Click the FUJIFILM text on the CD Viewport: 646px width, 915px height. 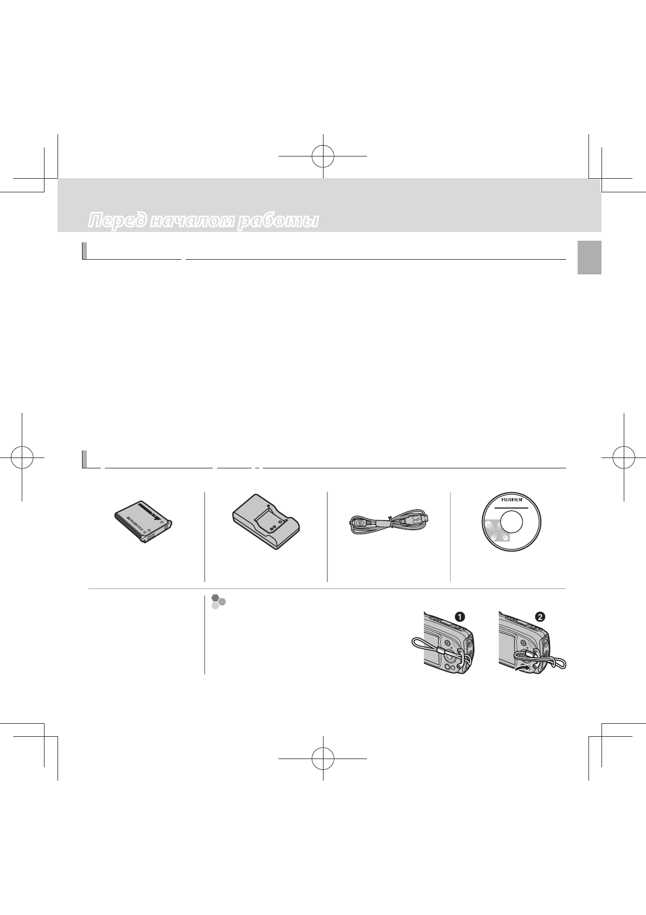(511, 499)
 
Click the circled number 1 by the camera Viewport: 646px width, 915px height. (459, 616)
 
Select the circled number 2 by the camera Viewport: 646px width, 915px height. (540, 617)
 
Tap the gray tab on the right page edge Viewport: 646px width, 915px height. (589, 259)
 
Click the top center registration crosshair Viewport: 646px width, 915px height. (323, 155)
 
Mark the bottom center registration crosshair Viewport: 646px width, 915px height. (323, 759)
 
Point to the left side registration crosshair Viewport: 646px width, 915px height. (21, 457)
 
